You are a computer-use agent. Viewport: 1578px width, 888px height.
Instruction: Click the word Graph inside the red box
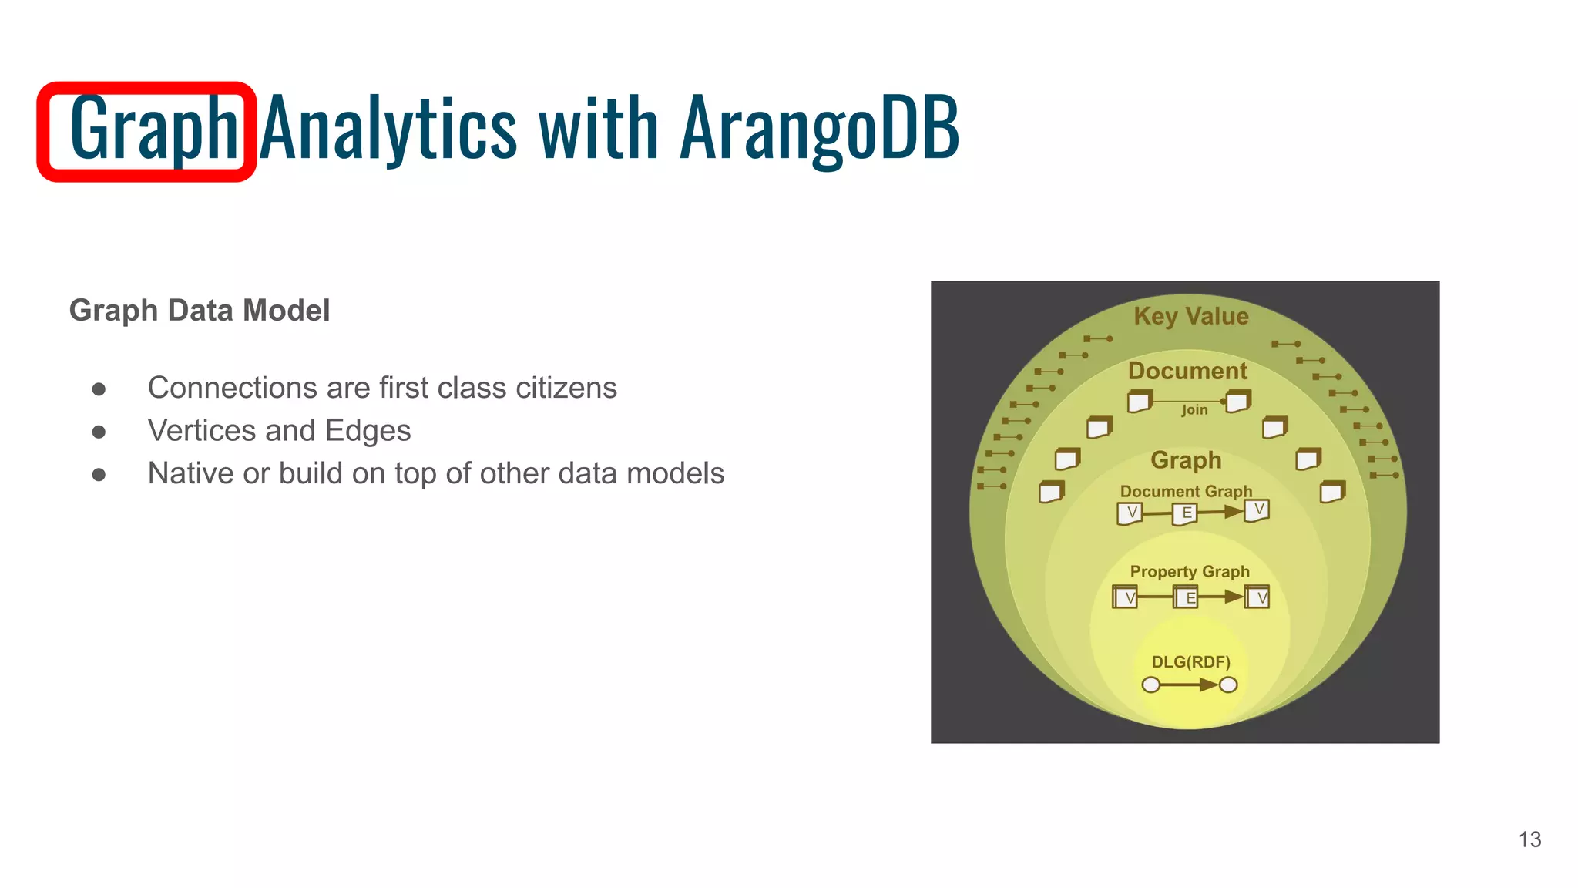tap(153, 128)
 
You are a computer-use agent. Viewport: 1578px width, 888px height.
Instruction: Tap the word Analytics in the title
tap(388, 128)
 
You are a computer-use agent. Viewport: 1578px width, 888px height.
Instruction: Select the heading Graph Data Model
tap(200, 311)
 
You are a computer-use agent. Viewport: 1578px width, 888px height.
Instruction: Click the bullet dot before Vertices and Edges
tap(99, 432)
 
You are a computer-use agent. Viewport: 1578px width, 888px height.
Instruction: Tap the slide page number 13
tap(1529, 839)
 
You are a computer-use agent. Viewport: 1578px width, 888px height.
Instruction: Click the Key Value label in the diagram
tap(1190, 316)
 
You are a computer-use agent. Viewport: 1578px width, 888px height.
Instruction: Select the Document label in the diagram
tap(1187, 371)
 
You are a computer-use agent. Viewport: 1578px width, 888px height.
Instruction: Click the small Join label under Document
tap(1195, 410)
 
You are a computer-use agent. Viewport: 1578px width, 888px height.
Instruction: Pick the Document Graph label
tap(1186, 491)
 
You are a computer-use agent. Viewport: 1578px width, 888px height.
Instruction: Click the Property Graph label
tap(1190, 572)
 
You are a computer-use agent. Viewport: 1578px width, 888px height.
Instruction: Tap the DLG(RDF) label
tap(1190, 662)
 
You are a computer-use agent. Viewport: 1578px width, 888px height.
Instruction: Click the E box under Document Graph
tap(1186, 513)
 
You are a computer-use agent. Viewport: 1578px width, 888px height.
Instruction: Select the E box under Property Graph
tap(1187, 597)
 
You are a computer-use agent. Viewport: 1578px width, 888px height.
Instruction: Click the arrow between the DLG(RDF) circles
tap(1190, 684)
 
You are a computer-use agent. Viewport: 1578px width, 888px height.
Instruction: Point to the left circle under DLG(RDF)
tap(1151, 684)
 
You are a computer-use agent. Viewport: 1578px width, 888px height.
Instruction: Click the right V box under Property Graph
tap(1257, 597)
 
